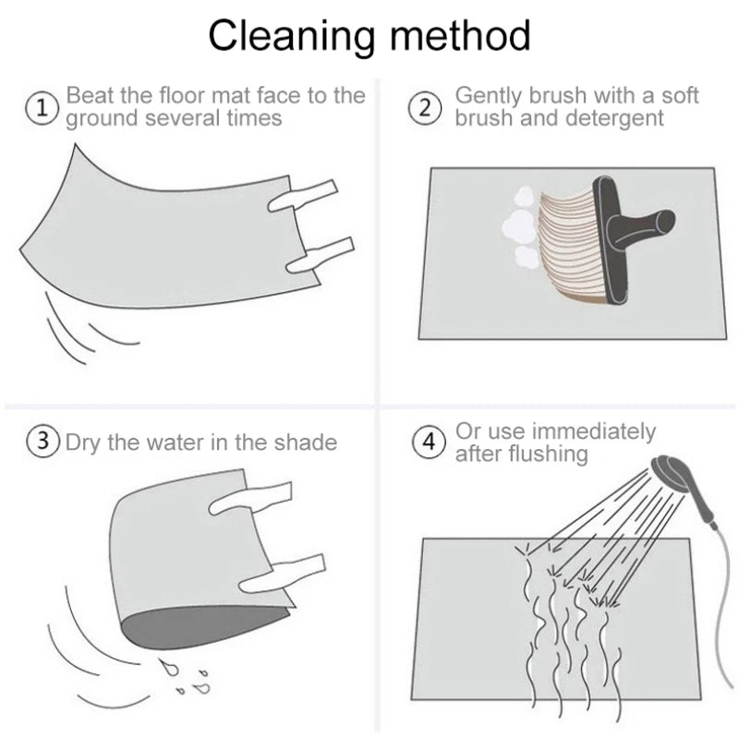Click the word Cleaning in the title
point(292,36)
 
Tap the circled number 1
point(42,108)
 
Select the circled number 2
point(425,108)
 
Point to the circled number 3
point(42,442)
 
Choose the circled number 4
point(429,442)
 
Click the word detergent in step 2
point(614,118)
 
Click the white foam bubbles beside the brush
point(519,226)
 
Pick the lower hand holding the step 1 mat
point(320,256)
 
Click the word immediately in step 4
point(596,432)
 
